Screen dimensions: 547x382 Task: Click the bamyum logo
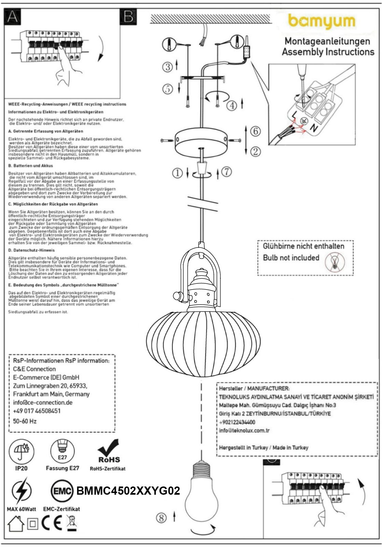point(322,22)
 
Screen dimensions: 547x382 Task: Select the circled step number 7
point(227,172)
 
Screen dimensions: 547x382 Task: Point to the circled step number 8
point(161,518)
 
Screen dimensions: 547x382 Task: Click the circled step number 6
point(255,131)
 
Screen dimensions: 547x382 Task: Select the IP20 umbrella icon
point(22,451)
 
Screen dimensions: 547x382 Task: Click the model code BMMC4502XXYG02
point(128,491)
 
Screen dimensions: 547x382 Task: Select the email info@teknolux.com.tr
point(244,430)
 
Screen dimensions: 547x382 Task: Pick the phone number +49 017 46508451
point(37,411)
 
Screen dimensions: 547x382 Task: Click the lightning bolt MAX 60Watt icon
point(22,491)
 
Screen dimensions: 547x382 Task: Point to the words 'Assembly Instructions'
point(328,52)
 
